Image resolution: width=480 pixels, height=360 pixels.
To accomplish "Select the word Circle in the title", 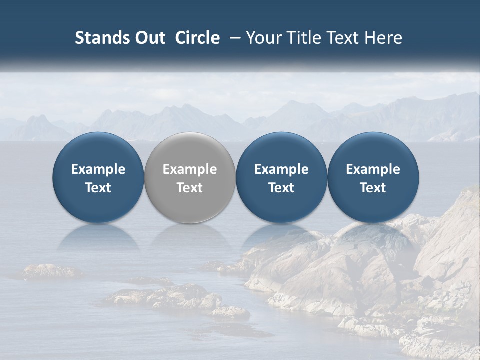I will click(x=197, y=38).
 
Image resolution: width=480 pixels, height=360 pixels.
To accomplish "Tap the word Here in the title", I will click(x=385, y=38).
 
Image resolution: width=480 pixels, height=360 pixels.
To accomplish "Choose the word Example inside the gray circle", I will click(x=190, y=169).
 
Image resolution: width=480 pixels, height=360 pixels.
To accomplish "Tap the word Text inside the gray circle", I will click(x=190, y=188).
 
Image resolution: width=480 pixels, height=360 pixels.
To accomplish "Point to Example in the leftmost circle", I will click(x=98, y=169).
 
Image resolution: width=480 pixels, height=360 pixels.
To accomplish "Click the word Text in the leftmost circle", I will click(x=98, y=188).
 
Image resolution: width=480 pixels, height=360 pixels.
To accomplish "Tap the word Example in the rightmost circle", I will click(x=373, y=169).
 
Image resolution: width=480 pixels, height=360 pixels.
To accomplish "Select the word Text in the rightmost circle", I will click(x=373, y=188).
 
